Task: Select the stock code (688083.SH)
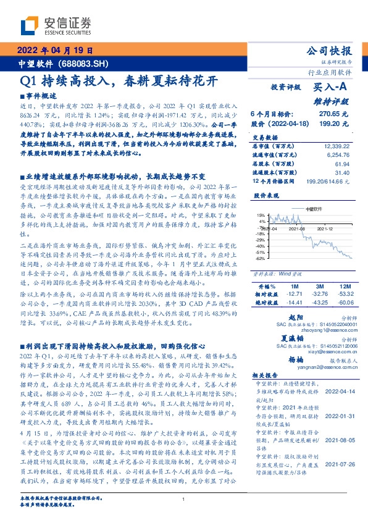86,64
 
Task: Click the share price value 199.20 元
334,124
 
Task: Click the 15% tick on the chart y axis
261,214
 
